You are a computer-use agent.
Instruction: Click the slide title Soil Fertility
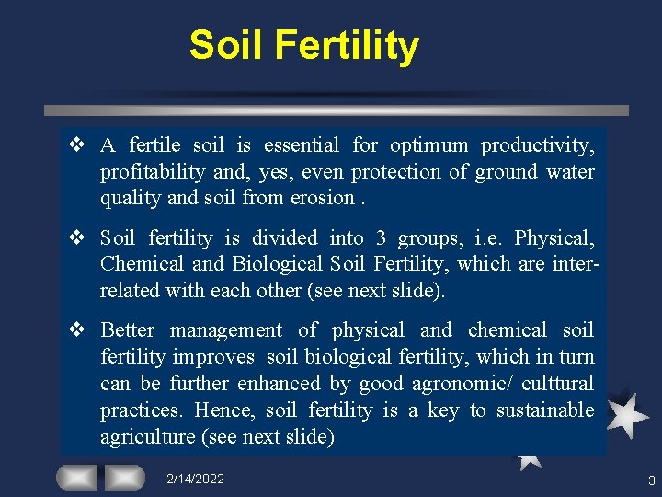coord(303,45)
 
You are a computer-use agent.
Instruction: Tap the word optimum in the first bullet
coord(428,145)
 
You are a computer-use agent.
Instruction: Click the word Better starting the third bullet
coord(128,330)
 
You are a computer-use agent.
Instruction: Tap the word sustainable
coord(545,410)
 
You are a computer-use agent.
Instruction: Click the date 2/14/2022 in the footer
coord(195,480)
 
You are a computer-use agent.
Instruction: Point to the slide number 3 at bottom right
coord(651,480)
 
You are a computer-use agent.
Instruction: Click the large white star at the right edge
coord(626,414)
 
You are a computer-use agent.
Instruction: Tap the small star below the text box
coord(528,457)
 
